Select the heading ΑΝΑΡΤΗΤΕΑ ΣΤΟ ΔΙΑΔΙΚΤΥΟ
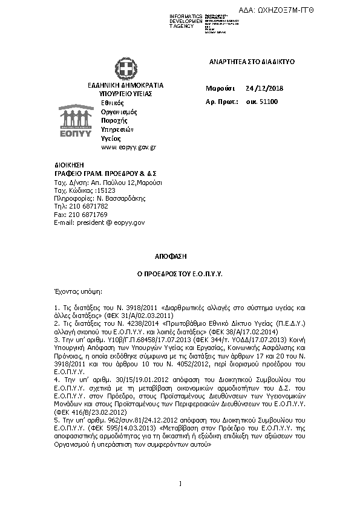pyautogui.click(x=243, y=62)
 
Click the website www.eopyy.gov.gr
pyautogui.click(x=129, y=147)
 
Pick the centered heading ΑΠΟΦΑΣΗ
pyautogui.click(x=180, y=257)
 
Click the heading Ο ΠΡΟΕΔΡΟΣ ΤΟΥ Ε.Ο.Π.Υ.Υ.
pyautogui.click(x=180, y=274)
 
